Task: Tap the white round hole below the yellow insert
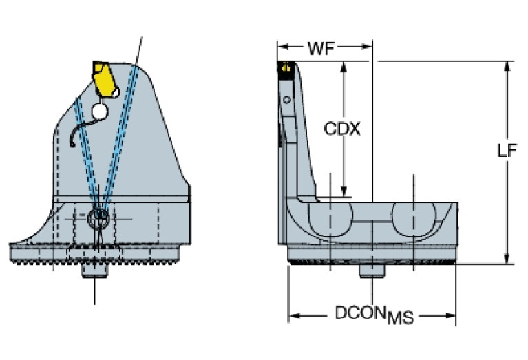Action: [x=101, y=109]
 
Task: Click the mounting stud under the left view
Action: [x=94, y=271]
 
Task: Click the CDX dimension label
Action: [x=342, y=129]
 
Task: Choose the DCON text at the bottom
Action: [x=360, y=313]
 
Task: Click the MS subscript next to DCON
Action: [x=401, y=317]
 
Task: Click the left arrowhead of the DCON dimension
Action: [x=293, y=316]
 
